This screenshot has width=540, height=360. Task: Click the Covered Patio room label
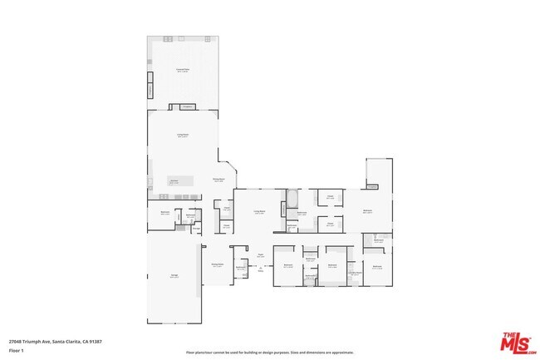(183, 71)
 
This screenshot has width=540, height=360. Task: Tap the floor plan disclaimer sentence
(270, 352)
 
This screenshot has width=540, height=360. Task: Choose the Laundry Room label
(355, 273)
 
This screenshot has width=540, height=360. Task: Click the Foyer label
(260, 256)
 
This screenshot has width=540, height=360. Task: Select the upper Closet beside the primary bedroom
(330, 199)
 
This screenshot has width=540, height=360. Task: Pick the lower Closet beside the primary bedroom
(330, 223)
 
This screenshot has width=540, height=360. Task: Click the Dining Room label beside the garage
(218, 265)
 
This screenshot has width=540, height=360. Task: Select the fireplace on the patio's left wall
(151, 88)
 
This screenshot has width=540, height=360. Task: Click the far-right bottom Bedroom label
(376, 267)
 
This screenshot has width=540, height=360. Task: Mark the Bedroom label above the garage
(164, 213)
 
